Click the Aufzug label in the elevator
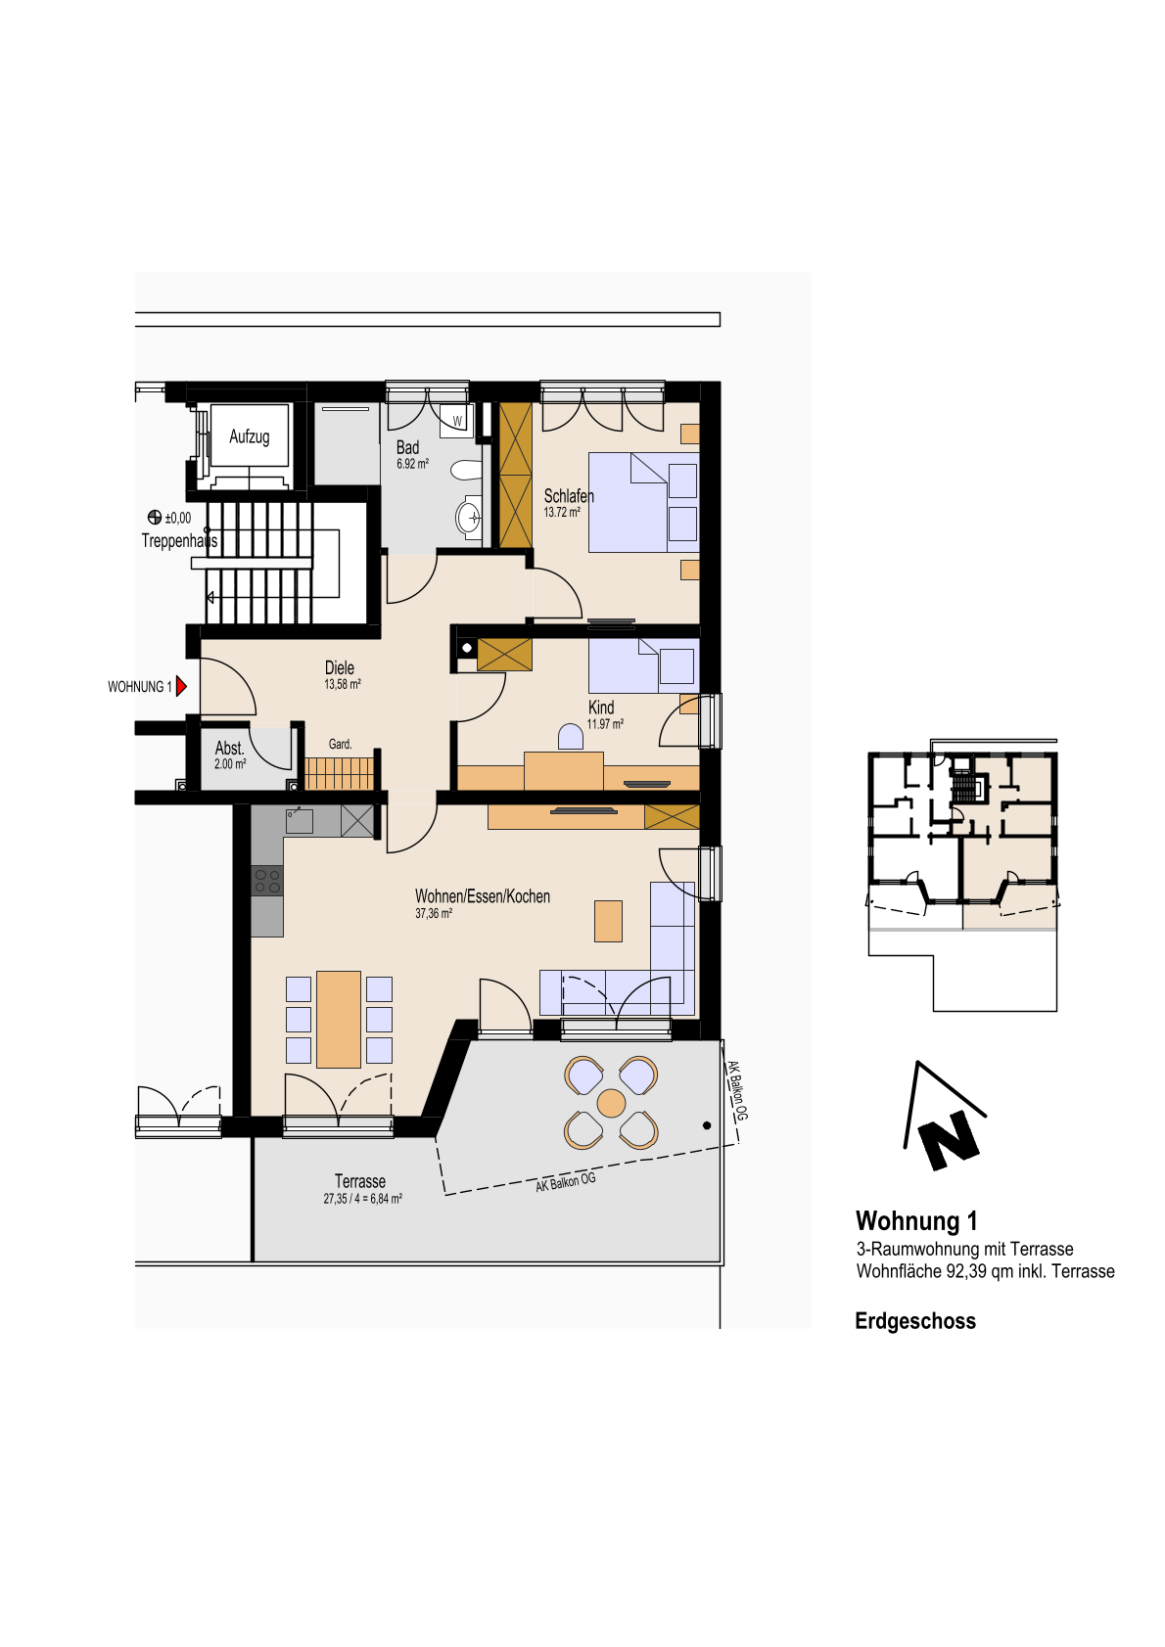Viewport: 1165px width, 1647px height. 250,436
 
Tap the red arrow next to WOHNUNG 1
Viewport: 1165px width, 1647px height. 181,687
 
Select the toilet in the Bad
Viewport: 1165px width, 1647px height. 466,471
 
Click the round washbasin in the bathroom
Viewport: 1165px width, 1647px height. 469,518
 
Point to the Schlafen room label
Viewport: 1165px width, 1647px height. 569,496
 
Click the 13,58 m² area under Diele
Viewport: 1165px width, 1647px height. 342,684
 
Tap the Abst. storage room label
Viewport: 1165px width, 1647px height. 229,749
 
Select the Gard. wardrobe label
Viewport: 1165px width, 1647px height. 340,744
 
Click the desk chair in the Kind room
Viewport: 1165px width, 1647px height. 571,737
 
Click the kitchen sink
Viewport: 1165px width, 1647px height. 300,820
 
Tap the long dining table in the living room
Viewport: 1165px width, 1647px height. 339,1019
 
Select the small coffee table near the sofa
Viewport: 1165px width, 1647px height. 608,921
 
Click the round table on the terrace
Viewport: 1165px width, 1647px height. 611,1103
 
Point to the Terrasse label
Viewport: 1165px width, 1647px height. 360,1181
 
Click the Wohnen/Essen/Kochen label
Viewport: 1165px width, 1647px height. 483,896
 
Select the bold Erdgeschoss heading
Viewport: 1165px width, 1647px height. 915,1321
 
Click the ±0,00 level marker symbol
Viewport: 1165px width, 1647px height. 155,518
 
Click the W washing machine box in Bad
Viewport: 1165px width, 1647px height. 457,421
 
